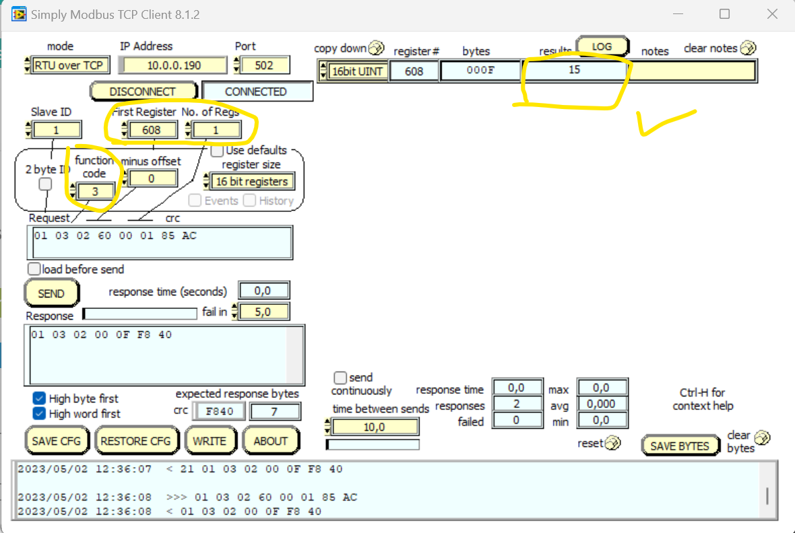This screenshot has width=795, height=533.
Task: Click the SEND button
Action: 51,293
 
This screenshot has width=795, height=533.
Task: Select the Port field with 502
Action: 264,65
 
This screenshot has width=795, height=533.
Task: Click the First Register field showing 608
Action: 151,130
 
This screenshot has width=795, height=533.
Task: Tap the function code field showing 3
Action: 95,192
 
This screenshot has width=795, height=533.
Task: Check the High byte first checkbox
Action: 39,398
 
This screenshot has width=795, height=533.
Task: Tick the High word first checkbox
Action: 39,413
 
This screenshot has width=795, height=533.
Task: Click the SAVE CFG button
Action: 57,441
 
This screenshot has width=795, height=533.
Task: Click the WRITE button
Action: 210,441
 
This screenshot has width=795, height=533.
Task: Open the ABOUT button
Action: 271,441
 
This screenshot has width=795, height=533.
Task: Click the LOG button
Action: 602,46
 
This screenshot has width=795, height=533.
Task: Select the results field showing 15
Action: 574,70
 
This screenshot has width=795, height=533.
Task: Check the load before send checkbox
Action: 34,269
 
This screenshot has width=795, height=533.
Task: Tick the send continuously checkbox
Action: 341,378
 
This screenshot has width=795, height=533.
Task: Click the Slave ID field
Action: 56,130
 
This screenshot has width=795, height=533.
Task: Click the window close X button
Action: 772,14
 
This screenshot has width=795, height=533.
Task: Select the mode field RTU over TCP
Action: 67,65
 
